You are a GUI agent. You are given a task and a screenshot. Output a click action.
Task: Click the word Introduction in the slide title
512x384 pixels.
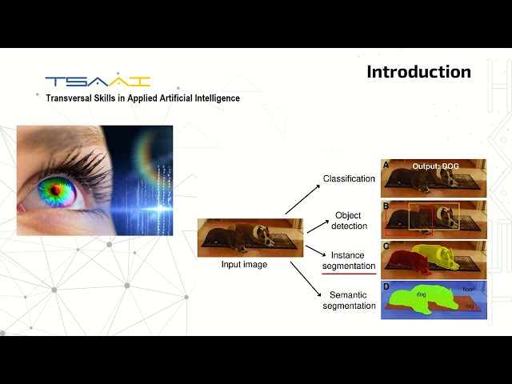pyautogui.click(x=418, y=72)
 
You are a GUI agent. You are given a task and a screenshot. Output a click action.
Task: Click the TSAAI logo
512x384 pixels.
pyautogui.click(x=98, y=82)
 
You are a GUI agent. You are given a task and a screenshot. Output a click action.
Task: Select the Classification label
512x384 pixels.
pyautogui.click(x=349, y=178)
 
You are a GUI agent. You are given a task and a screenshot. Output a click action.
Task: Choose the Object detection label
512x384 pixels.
pyautogui.click(x=348, y=221)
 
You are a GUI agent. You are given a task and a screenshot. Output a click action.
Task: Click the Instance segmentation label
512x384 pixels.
pyautogui.click(x=349, y=260)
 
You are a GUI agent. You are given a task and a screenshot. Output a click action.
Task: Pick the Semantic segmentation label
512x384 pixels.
pyautogui.click(x=349, y=301)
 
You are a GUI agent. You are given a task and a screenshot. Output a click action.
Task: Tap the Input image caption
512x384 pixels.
pyautogui.click(x=244, y=265)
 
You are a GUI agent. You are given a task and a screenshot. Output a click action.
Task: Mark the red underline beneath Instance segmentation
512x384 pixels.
pyautogui.click(x=349, y=274)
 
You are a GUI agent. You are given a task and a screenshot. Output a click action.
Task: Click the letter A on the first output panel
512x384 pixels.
pyautogui.click(x=386, y=166)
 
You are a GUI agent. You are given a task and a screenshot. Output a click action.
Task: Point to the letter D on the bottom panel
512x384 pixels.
pyautogui.click(x=386, y=286)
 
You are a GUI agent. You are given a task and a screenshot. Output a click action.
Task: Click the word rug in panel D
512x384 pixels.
pyautogui.click(x=470, y=305)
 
